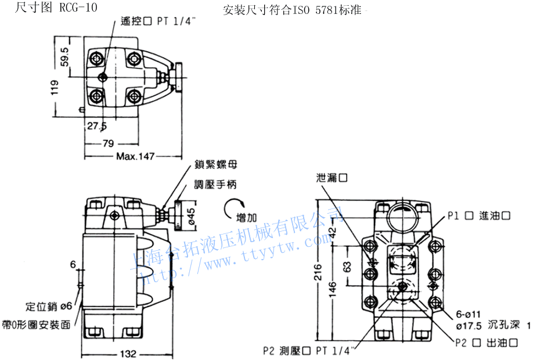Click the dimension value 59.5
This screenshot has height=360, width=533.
tap(64, 59)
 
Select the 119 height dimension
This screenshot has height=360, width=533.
tap(54, 87)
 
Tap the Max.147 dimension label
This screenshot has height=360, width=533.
tap(135, 156)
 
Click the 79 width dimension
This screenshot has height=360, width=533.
tap(107, 143)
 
